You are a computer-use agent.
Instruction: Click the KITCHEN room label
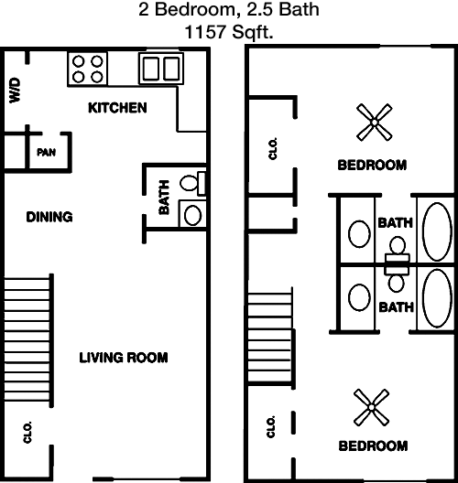[117, 108]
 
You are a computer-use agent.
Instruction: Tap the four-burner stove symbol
[88, 69]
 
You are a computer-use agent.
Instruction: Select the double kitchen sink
[161, 69]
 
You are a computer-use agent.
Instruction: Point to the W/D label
[15, 91]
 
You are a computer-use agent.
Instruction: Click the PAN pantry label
[47, 152]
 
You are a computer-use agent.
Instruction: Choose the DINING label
[49, 217]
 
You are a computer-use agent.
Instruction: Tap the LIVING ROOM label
[124, 358]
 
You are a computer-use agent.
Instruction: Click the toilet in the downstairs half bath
[192, 183]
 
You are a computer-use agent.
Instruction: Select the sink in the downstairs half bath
[192, 215]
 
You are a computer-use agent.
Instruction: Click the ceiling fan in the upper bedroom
[374, 123]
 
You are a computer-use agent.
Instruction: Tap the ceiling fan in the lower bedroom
[371, 408]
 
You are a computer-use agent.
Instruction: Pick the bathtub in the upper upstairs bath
[437, 231]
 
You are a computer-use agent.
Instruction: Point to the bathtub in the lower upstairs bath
[437, 298]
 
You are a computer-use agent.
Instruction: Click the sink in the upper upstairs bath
[359, 234]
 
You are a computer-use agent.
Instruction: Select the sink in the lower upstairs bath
[359, 297]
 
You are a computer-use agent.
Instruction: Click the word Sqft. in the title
[253, 32]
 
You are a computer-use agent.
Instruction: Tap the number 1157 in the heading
[205, 32]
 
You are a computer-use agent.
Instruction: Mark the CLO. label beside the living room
[27, 432]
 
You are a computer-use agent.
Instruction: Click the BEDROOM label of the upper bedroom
[372, 165]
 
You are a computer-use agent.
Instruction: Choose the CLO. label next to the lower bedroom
[271, 426]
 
